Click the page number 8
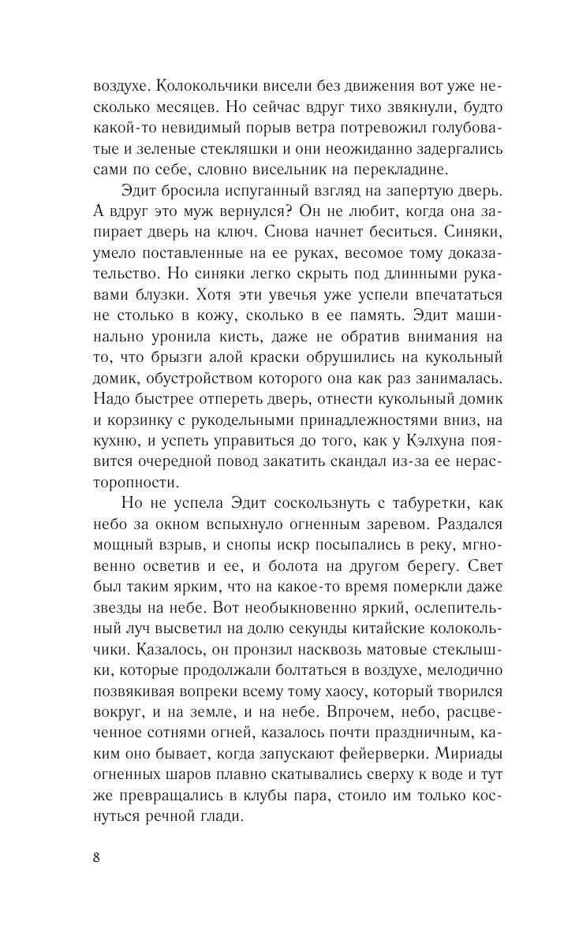[96, 859]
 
